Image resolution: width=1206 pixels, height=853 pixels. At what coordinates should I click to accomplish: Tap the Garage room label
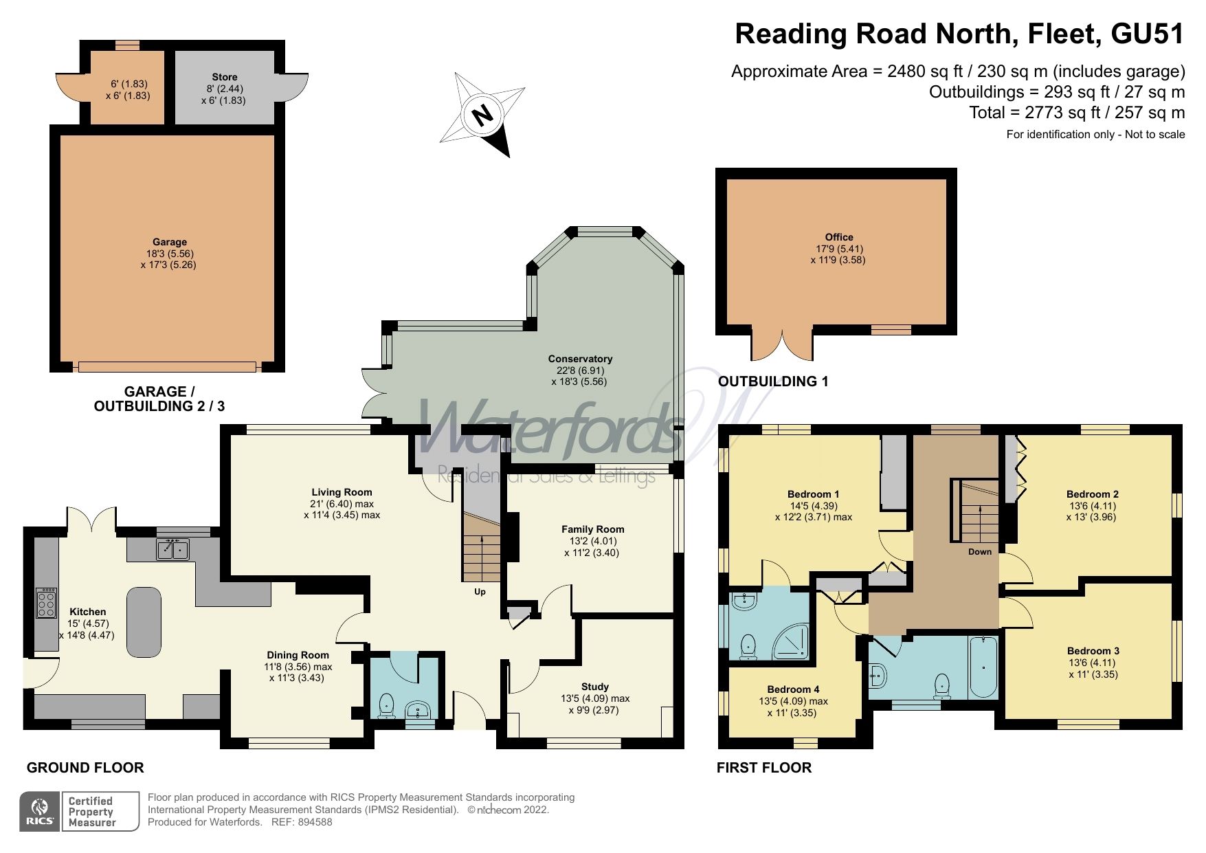[x=170, y=242]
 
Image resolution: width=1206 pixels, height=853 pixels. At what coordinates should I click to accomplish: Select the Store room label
[x=224, y=77]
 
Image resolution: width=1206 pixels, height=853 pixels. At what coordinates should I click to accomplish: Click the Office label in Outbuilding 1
[x=839, y=237]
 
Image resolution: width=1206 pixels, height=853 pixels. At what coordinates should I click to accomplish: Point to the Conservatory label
[x=580, y=359]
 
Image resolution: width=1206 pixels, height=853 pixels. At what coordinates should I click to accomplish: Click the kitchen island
[x=144, y=621]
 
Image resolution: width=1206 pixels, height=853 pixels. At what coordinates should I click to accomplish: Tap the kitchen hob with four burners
[x=47, y=604]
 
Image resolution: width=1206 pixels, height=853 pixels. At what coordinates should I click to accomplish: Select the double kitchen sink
[x=172, y=550]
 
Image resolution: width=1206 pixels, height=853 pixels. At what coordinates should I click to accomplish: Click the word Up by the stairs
[x=480, y=592]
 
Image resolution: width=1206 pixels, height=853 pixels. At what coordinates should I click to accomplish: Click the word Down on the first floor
[x=980, y=552]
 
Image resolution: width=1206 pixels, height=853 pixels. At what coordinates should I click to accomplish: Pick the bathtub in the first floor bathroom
[x=983, y=667]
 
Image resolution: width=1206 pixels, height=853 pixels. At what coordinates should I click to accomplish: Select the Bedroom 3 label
[x=1093, y=651]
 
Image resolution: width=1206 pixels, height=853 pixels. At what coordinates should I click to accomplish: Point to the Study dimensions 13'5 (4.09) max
[x=595, y=699]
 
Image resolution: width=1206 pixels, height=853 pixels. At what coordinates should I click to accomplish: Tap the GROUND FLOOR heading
[x=85, y=768]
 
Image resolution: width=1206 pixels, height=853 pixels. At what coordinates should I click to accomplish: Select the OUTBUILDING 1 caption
[x=773, y=381]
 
